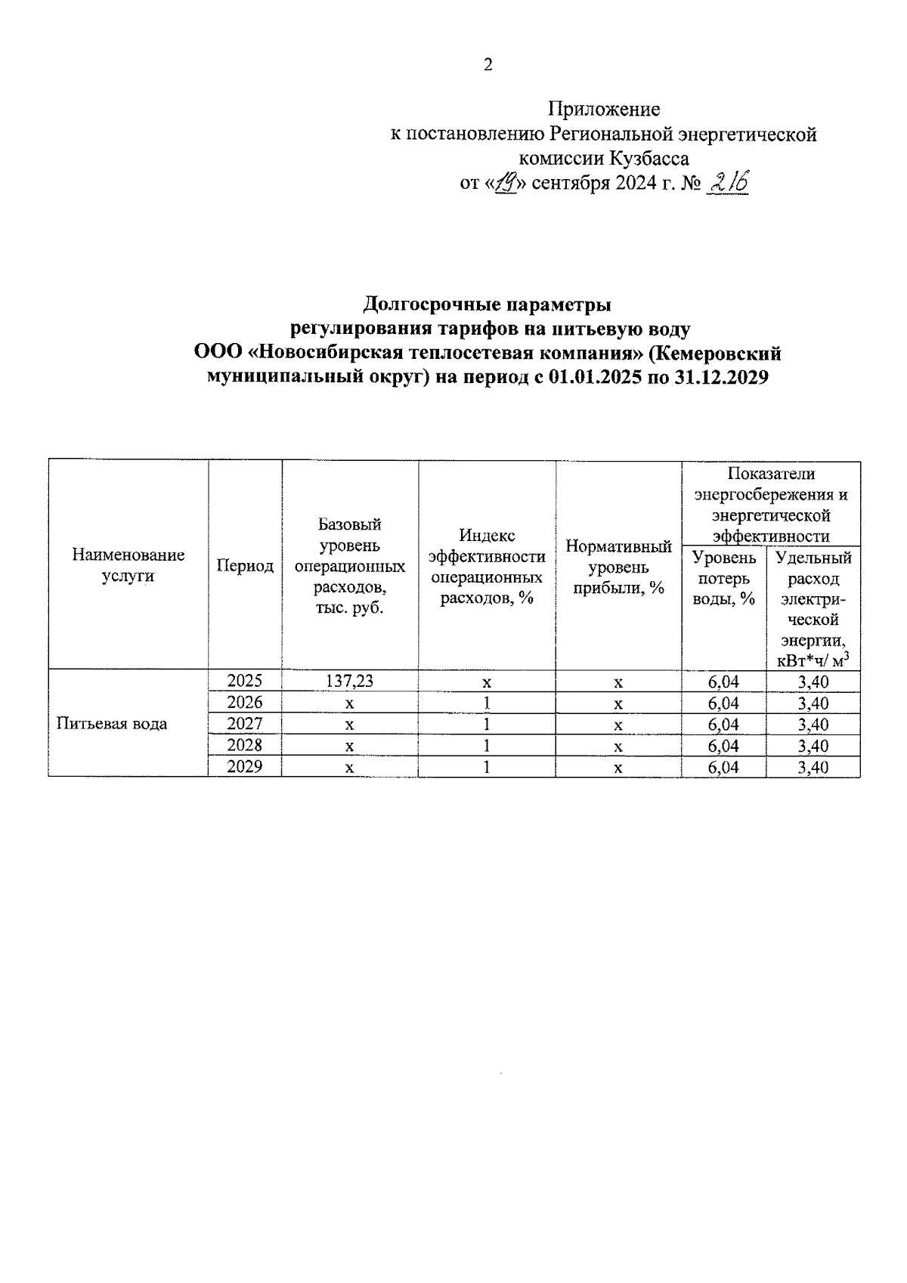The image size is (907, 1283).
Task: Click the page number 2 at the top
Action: tap(488, 65)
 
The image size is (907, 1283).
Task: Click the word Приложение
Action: tap(603, 110)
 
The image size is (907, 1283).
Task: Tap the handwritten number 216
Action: tap(726, 181)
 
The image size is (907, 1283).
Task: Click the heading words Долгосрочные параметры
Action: tap(488, 305)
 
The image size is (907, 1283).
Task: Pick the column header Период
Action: tap(245, 565)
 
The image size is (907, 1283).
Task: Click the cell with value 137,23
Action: tap(349, 682)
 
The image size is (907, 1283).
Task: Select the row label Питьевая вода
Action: tap(112, 724)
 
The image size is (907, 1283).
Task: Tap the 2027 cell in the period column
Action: tap(245, 724)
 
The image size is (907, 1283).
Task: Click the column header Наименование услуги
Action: tap(128, 565)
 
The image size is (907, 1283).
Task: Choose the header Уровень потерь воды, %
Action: tap(724, 578)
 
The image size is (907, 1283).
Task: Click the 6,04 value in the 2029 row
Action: tap(723, 767)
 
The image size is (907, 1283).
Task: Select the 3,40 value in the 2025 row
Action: tap(813, 682)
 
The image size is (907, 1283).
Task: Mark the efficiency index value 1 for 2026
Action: tap(487, 703)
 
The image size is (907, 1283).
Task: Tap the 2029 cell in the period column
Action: tap(245, 766)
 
